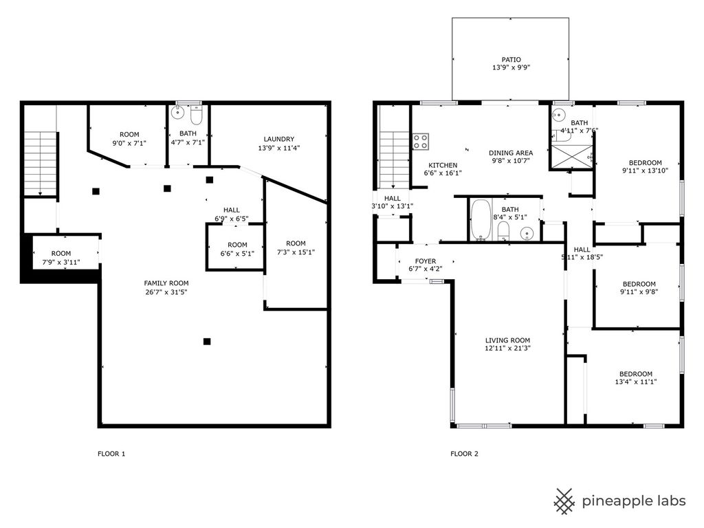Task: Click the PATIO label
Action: pos(511,60)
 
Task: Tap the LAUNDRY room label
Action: pos(279,139)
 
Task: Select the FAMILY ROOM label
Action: pos(166,283)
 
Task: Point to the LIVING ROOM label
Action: pos(507,340)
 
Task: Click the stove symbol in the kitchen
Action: pos(421,142)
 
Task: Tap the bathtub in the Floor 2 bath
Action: pos(481,220)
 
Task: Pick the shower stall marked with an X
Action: pos(571,157)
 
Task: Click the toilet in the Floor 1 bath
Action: pos(196,115)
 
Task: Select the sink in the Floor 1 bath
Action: pos(178,112)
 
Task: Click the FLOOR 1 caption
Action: pos(111,454)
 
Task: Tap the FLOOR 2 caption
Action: pos(464,454)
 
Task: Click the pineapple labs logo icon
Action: pos(564,501)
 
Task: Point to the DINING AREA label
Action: pos(511,153)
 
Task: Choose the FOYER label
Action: pos(425,261)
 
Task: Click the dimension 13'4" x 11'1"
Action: pos(636,382)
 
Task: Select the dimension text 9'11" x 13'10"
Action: pos(645,170)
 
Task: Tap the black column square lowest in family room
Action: pos(207,342)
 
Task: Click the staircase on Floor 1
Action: pos(41,164)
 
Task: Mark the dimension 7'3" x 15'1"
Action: pos(296,252)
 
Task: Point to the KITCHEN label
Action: pos(443,166)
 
